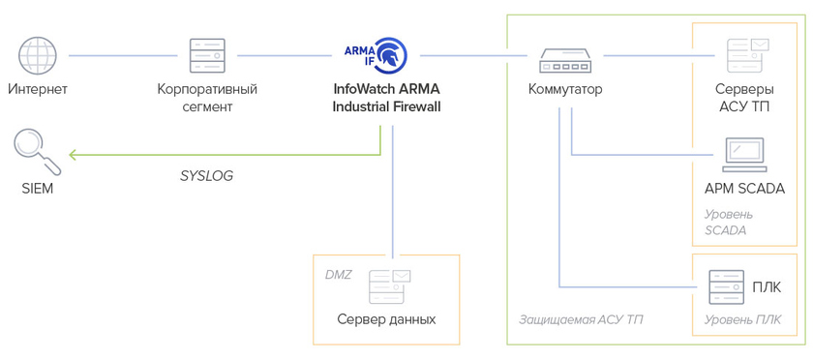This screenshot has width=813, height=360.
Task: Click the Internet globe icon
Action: [38, 55]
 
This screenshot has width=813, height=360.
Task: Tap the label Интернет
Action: [38, 89]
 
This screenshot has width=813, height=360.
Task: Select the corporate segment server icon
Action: [207, 55]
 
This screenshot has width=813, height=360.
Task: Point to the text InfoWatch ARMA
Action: [386, 89]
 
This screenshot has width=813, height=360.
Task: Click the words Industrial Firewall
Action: [386, 106]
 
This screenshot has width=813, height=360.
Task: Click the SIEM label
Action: [37, 189]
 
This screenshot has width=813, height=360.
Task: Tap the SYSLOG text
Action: [206, 176]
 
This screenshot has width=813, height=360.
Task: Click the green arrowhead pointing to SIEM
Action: [73, 154]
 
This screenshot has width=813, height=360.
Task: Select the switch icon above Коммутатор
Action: [565, 60]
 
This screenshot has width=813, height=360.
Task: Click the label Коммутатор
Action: [565, 89]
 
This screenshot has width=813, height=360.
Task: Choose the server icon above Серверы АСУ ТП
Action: [747, 55]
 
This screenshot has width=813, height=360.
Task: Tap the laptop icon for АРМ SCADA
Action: [744, 155]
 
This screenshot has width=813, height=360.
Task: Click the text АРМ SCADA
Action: [744, 189]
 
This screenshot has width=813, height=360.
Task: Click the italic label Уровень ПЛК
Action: [742, 320]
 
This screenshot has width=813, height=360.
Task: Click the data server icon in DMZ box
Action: [389, 286]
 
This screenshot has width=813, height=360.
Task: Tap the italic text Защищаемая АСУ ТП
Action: [581, 319]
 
